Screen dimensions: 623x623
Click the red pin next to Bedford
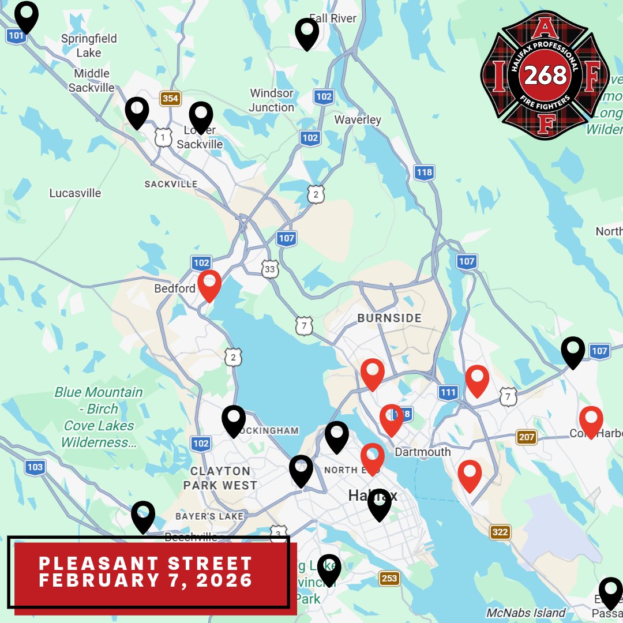point(209,284)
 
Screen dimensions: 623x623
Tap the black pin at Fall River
point(307,33)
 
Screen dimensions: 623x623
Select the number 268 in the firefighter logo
point(545,76)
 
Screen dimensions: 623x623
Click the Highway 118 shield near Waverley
point(424,172)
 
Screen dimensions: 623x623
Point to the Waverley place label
point(358,119)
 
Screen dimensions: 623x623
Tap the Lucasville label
point(75,193)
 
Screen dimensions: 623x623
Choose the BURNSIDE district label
point(389,318)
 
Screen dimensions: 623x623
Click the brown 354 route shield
point(170,99)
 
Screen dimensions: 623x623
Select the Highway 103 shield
point(35,467)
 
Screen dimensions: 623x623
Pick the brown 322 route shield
point(500,532)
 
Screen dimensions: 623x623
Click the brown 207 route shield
point(526,437)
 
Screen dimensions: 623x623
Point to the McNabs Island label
point(526,613)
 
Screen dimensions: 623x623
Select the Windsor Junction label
point(272,100)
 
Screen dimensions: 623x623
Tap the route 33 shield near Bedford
point(269,269)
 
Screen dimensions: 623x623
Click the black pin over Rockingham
point(234,420)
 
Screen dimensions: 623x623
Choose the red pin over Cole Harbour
point(591,421)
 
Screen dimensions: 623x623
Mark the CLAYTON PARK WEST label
point(220,478)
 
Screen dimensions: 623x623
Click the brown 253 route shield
point(389,578)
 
